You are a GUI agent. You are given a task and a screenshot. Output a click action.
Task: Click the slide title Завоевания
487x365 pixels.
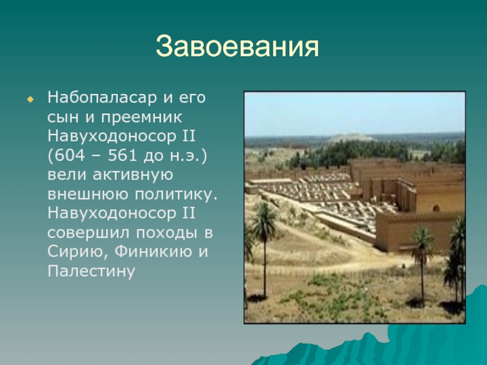pyautogui.click(x=237, y=47)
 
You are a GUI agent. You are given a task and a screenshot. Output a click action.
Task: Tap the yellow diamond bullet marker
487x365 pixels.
pyautogui.click(x=30, y=100)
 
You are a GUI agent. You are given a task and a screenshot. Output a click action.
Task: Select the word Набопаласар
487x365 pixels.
pyautogui.click(x=102, y=97)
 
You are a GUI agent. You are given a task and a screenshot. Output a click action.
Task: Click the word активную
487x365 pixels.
pyautogui.click(x=133, y=175)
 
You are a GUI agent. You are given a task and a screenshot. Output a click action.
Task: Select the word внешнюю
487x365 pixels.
pyautogui.click(x=87, y=194)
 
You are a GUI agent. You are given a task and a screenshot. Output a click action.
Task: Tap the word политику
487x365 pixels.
pyautogui.click(x=176, y=195)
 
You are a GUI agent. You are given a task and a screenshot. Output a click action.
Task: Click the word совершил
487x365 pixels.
pyautogui.click(x=88, y=233)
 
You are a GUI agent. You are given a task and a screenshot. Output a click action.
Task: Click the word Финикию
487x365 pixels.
pyautogui.click(x=153, y=251)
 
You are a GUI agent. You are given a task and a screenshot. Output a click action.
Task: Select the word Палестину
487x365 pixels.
pyautogui.click(x=91, y=271)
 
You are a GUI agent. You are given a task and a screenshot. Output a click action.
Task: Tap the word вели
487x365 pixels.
pyautogui.click(x=66, y=175)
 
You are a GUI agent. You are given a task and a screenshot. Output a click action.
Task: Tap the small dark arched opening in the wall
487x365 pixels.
pyautogui.click(x=436, y=208)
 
